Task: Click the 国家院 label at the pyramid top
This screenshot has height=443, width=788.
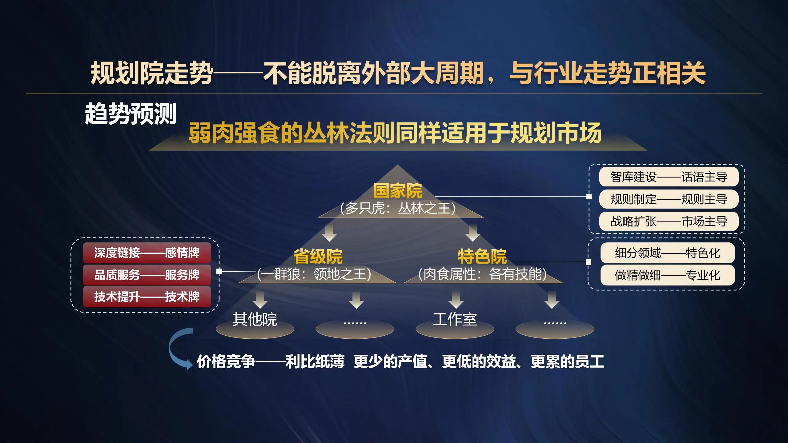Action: click(398, 191)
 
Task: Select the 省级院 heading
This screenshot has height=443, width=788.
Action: click(318, 257)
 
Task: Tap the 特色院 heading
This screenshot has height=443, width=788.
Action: click(482, 257)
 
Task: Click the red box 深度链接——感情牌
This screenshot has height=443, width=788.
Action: click(147, 253)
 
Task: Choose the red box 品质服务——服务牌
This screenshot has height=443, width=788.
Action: click(147, 275)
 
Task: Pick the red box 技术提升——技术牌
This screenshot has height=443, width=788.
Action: click(147, 297)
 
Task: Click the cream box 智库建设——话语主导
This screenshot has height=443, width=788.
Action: click(669, 177)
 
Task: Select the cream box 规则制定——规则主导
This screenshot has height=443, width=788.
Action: click(669, 199)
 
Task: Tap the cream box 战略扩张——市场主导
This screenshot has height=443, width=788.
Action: click(669, 221)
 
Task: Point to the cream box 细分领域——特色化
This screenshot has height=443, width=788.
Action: click(668, 253)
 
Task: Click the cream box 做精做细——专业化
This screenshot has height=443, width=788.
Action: click(668, 275)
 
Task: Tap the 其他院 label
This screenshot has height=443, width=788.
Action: click(255, 319)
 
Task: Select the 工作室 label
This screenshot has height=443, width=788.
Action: click(455, 319)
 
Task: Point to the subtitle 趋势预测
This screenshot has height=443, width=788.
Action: click(131, 114)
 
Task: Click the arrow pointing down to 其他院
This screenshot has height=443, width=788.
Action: click(260, 300)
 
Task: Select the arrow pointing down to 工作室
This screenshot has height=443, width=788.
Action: click(456, 300)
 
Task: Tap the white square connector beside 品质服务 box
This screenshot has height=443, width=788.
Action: click(219, 271)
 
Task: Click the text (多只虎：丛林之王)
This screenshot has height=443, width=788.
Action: click(398, 208)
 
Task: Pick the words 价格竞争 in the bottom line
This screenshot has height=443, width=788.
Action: click(226, 361)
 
